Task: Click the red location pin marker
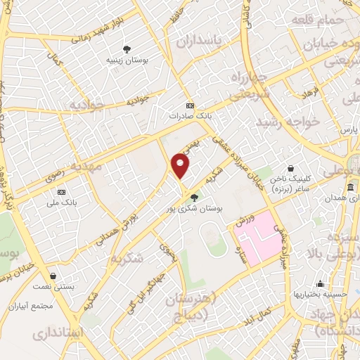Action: point(181,166)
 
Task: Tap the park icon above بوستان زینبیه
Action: point(127,49)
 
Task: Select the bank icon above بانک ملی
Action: point(62,191)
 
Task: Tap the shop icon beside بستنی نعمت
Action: point(53,276)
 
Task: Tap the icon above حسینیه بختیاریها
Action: point(320,284)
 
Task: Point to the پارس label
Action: point(345,131)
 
